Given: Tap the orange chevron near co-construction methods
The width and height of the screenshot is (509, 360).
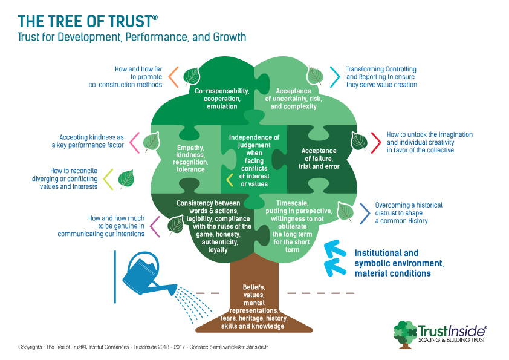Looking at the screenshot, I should [x=173, y=76].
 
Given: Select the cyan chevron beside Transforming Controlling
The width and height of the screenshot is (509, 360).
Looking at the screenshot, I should [x=334, y=76].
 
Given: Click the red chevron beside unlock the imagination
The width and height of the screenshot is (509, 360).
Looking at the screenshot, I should [x=375, y=141].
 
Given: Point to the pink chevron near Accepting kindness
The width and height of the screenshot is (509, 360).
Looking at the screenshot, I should [x=134, y=141].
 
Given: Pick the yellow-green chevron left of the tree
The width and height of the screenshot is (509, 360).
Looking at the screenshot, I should [x=108, y=178].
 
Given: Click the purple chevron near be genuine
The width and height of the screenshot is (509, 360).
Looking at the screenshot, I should [x=154, y=226].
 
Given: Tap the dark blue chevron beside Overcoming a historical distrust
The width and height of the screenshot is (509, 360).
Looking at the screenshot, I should [x=365, y=213].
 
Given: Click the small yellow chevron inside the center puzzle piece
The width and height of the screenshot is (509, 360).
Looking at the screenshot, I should [x=230, y=179].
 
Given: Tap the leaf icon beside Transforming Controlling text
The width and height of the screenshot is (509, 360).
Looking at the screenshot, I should [x=314, y=76].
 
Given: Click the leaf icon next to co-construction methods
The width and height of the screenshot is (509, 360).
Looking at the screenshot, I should [x=192, y=76].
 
